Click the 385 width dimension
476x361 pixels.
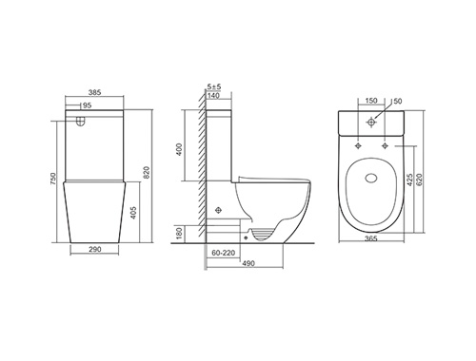(x=94, y=92)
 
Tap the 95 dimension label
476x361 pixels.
(x=87, y=105)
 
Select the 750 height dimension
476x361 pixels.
(x=52, y=179)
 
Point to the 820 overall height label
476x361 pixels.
(x=147, y=173)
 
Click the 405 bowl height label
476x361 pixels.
(x=133, y=213)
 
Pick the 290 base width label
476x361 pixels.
(x=95, y=249)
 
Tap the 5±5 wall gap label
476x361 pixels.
(x=214, y=86)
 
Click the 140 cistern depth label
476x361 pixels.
(x=213, y=95)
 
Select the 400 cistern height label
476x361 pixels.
(x=179, y=149)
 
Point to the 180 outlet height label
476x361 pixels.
(x=179, y=234)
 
